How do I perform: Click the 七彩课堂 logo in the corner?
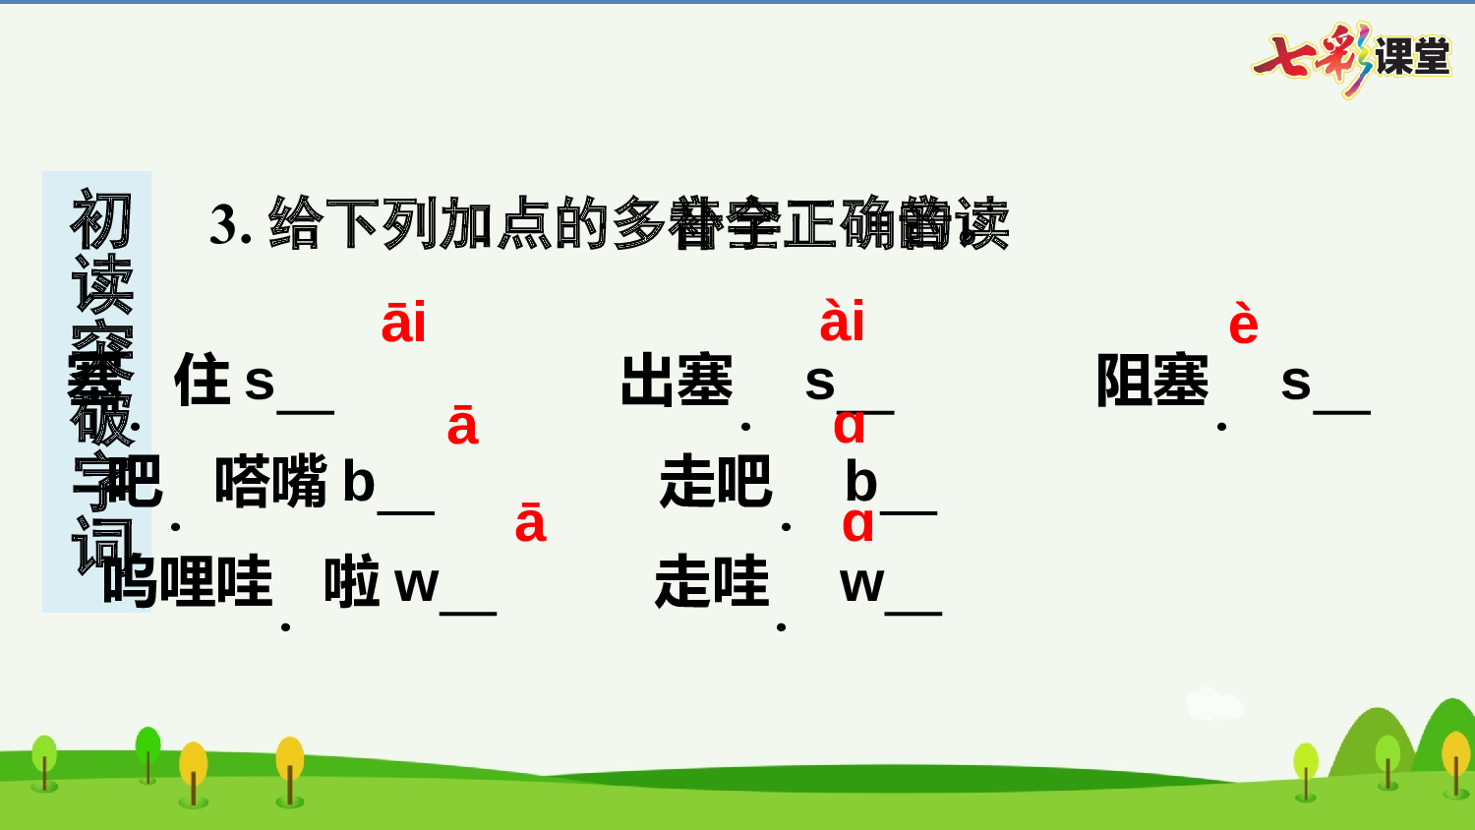(1352, 57)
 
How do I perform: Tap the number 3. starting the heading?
(231, 224)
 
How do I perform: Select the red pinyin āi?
(403, 324)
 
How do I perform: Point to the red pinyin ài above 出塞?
(842, 323)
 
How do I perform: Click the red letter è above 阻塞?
(1243, 325)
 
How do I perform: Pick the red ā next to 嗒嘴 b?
(462, 427)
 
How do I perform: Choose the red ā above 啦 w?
(530, 524)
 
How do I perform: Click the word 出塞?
(677, 381)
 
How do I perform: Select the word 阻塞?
(1152, 381)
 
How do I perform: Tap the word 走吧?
(715, 482)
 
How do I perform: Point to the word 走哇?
(711, 581)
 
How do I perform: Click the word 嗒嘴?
(270, 482)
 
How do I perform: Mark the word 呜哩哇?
(187, 581)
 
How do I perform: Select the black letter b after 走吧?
(860, 482)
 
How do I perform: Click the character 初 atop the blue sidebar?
(100, 219)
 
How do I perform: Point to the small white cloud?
(1213, 704)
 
